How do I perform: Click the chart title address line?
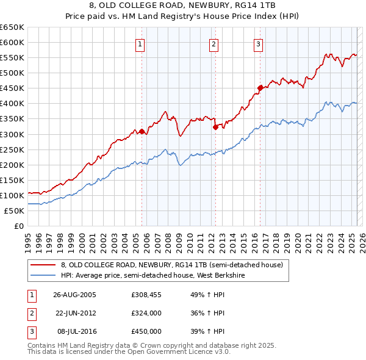coord(182,6)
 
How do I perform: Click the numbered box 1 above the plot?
coord(140,44)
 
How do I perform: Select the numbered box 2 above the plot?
coord(214,44)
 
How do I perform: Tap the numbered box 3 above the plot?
coord(258,44)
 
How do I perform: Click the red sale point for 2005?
coord(142,131)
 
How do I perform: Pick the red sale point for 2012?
coord(215,127)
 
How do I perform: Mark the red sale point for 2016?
coord(260,88)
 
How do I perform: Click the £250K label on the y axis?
coord(12,149)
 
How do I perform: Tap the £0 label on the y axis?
coord(18,226)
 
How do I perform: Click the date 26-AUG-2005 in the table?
coord(75,295)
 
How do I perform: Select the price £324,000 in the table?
coord(146,313)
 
